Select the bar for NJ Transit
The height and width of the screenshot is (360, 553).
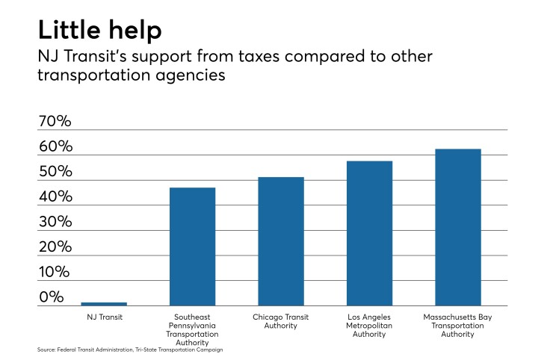[104, 303]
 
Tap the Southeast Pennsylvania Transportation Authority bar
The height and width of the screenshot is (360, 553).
[192, 246]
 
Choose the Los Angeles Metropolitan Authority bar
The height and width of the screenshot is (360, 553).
[369, 233]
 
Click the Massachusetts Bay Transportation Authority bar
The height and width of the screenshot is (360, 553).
[458, 227]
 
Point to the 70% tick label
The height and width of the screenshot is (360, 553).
[55, 122]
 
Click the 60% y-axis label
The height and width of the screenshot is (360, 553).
[55, 146]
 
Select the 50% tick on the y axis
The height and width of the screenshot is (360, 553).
[55, 172]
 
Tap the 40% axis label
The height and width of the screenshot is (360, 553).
[55, 197]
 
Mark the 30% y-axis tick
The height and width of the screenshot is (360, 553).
[55, 222]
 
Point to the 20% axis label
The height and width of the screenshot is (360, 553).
[55, 247]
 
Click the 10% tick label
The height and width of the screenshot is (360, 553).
[55, 272]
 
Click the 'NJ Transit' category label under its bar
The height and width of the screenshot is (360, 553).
[104, 316]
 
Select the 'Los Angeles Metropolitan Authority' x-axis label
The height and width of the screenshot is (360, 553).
[369, 325]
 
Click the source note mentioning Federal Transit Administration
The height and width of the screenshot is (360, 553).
[130, 350]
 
